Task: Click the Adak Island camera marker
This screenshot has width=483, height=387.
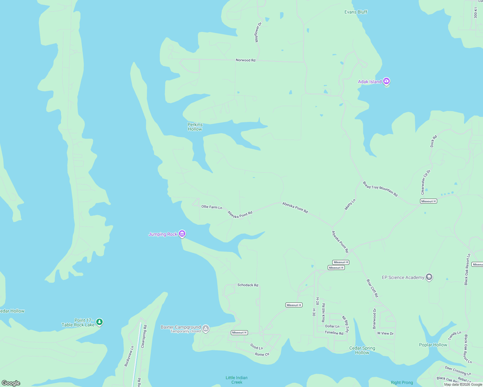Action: point(386,81)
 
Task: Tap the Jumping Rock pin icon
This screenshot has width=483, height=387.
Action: point(182,234)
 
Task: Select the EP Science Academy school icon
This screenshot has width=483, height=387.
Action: point(429,277)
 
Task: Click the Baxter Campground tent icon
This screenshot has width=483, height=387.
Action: point(206,329)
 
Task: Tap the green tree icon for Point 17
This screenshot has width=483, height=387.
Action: point(99,322)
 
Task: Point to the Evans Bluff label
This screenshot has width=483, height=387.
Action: point(356,12)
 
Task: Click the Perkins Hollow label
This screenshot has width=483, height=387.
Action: point(195,127)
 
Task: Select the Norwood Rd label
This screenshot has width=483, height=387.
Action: point(245,60)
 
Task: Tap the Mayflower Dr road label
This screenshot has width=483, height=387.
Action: point(258,32)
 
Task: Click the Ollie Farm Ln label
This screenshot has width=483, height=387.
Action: point(212,207)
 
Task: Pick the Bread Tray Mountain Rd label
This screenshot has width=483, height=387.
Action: point(380,189)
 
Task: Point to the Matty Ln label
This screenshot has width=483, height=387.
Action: point(350,204)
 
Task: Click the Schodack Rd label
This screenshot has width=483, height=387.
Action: point(248,285)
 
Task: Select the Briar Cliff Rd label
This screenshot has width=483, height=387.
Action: point(372,288)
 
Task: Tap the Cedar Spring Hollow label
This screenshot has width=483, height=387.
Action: point(362,350)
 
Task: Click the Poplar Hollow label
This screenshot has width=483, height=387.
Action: point(433,345)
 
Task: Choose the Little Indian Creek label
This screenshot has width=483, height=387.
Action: point(236,380)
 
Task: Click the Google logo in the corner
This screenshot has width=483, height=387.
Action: point(11,383)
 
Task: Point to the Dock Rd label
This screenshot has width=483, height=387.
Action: point(434,141)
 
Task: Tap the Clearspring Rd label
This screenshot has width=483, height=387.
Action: point(144,336)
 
